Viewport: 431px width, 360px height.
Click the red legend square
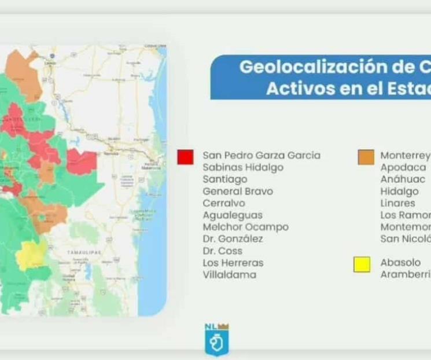pyautogui.click(x=185, y=157)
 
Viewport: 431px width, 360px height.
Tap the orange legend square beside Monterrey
pyautogui.click(x=366, y=157)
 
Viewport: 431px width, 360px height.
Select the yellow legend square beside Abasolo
pyautogui.click(x=362, y=265)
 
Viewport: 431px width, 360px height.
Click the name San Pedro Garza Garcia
pyautogui.click(x=261, y=156)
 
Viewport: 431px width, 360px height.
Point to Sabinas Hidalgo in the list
pyautogui.click(x=243, y=167)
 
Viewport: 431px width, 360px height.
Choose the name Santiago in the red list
pyautogui.click(x=224, y=179)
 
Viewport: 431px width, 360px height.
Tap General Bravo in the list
pyautogui.click(x=237, y=192)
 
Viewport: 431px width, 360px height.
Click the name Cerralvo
pyautogui.click(x=223, y=203)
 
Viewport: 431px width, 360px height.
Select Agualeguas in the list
pyautogui.click(x=232, y=215)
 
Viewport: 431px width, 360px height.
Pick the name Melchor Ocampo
pyautogui.click(x=245, y=227)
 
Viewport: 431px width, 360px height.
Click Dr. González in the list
pyautogui.click(x=233, y=239)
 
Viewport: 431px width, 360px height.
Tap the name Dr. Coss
pyautogui.click(x=222, y=251)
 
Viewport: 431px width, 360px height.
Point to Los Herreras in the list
pyautogui.click(x=233, y=263)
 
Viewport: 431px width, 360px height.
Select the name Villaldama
pyautogui.click(x=229, y=275)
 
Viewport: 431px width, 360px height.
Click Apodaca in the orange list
pyautogui.click(x=403, y=167)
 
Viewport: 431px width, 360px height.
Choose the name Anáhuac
pyautogui.click(x=402, y=179)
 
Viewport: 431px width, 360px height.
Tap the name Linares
pyautogui.click(x=397, y=203)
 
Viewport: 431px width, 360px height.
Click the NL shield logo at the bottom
pyautogui.click(x=216, y=340)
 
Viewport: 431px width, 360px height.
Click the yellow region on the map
pyautogui.click(x=32, y=255)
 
